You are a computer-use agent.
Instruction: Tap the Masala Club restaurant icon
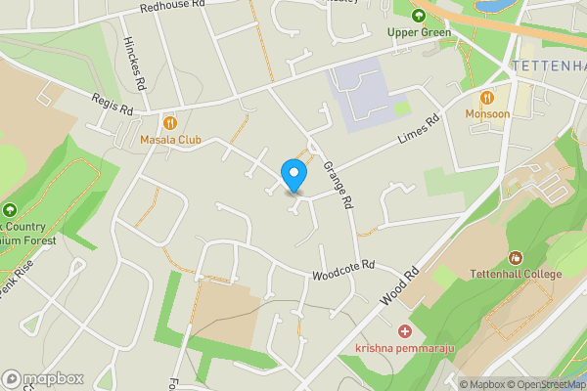tap(170, 122)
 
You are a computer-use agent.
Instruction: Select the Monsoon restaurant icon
tap(487, 97)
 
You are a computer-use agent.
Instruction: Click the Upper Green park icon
tap(419, 15)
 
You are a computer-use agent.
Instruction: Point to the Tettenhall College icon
tap(516, 258)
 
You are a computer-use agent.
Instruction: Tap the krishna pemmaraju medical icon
tap(404, 332)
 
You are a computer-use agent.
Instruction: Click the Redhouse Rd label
tap(172, 5)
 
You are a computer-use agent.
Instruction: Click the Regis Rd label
tap(112, 105)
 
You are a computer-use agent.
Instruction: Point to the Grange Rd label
tap(337, 186)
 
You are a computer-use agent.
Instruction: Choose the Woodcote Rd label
tap(344, 270)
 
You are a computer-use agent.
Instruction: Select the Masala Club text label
tap(170, 140)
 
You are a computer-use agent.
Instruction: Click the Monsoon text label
tap(487, 114)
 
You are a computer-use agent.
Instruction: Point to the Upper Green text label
tap(419, 32)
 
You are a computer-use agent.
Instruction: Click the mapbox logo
tap(42, 378)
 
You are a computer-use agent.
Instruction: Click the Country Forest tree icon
tap(10, 210)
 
